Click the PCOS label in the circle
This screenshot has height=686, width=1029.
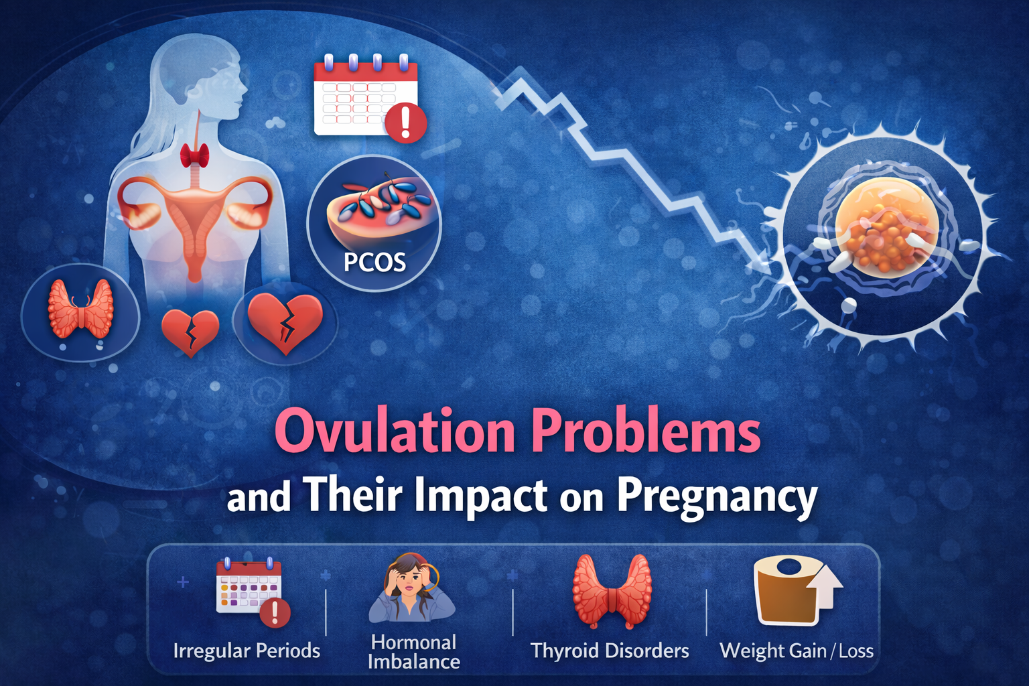(x=374, y=262)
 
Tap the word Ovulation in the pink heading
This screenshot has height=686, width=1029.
(x=395, y=432)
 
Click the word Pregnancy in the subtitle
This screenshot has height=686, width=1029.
(x=717, y=497)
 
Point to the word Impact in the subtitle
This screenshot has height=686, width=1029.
(x=480, y=496)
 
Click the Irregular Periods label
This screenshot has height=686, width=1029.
(x=247, y=650)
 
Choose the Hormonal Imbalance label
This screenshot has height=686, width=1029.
(x=413, y=652)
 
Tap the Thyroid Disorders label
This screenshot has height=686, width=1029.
(x=610, y=650)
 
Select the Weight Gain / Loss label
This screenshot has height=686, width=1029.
(x=797, y=650)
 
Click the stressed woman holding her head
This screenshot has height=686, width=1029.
(x=411, y=588)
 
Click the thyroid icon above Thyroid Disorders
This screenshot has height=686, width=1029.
(x=612, y=589)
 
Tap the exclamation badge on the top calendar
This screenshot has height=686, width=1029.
(x=405, y=122)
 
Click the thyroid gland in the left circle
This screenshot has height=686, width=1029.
(x=80, y=309)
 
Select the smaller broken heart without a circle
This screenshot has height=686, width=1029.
(x=190, y=331)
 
